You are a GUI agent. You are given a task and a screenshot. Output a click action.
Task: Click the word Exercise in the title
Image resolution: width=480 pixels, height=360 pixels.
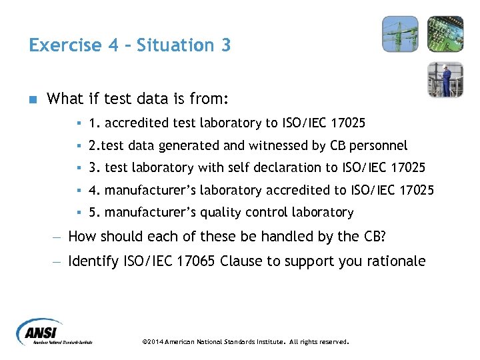(x=64, y=45)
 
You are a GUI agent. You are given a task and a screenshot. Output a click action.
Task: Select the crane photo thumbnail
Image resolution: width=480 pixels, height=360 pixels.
(x=400, y=34)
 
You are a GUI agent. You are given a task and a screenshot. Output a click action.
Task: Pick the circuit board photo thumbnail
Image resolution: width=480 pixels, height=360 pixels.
(x=445, y=34)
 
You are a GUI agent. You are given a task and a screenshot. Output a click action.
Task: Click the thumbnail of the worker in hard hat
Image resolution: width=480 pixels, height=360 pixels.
(x=445, y=80)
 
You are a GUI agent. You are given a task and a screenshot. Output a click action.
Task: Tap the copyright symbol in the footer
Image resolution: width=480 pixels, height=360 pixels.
(x=146, y=342)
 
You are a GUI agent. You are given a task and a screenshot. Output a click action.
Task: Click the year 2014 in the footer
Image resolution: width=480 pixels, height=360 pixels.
(x=157, y=342)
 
